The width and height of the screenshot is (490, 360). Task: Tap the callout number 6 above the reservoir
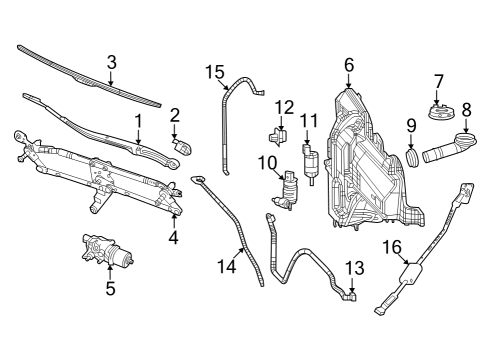[x=349, y=66]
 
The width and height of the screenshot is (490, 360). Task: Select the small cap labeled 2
[x=183, y=145]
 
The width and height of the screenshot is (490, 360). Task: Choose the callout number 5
[x=111, y=290]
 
